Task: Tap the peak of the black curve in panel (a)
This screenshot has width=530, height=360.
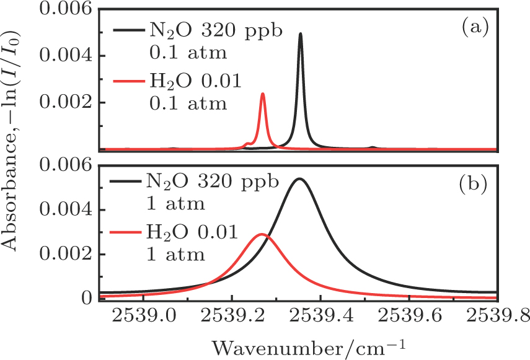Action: pyautogui.click(x=301, y=34)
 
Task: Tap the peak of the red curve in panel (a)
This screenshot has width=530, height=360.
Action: pyautogui.click(x=263, y=94)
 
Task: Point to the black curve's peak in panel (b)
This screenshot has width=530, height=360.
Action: pyautogui.click(x=299, y=178)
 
